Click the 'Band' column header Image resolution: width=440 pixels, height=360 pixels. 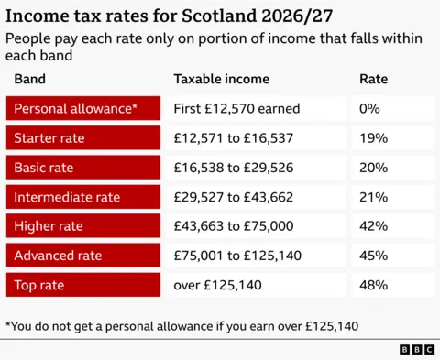coord(29,80)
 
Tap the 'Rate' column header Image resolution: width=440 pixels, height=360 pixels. coord(372,80)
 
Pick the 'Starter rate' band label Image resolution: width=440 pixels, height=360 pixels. coord(50,138)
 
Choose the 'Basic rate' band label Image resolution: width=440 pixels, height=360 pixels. coord(45,168)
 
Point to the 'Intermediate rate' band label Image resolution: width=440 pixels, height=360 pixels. coord(67,197)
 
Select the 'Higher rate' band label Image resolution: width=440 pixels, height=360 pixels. coord(49,226)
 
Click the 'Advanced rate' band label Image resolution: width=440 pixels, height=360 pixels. coord(58,256)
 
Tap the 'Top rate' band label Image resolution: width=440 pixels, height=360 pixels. coord(38,285)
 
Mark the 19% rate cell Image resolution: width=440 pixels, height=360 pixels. coord(374,138)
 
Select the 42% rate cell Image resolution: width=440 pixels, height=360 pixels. coord(374,226)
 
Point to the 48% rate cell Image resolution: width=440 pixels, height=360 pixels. coord(374,285)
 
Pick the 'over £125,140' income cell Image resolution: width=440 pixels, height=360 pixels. coord(217,285)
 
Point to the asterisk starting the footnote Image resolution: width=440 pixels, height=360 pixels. coord(8,323)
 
